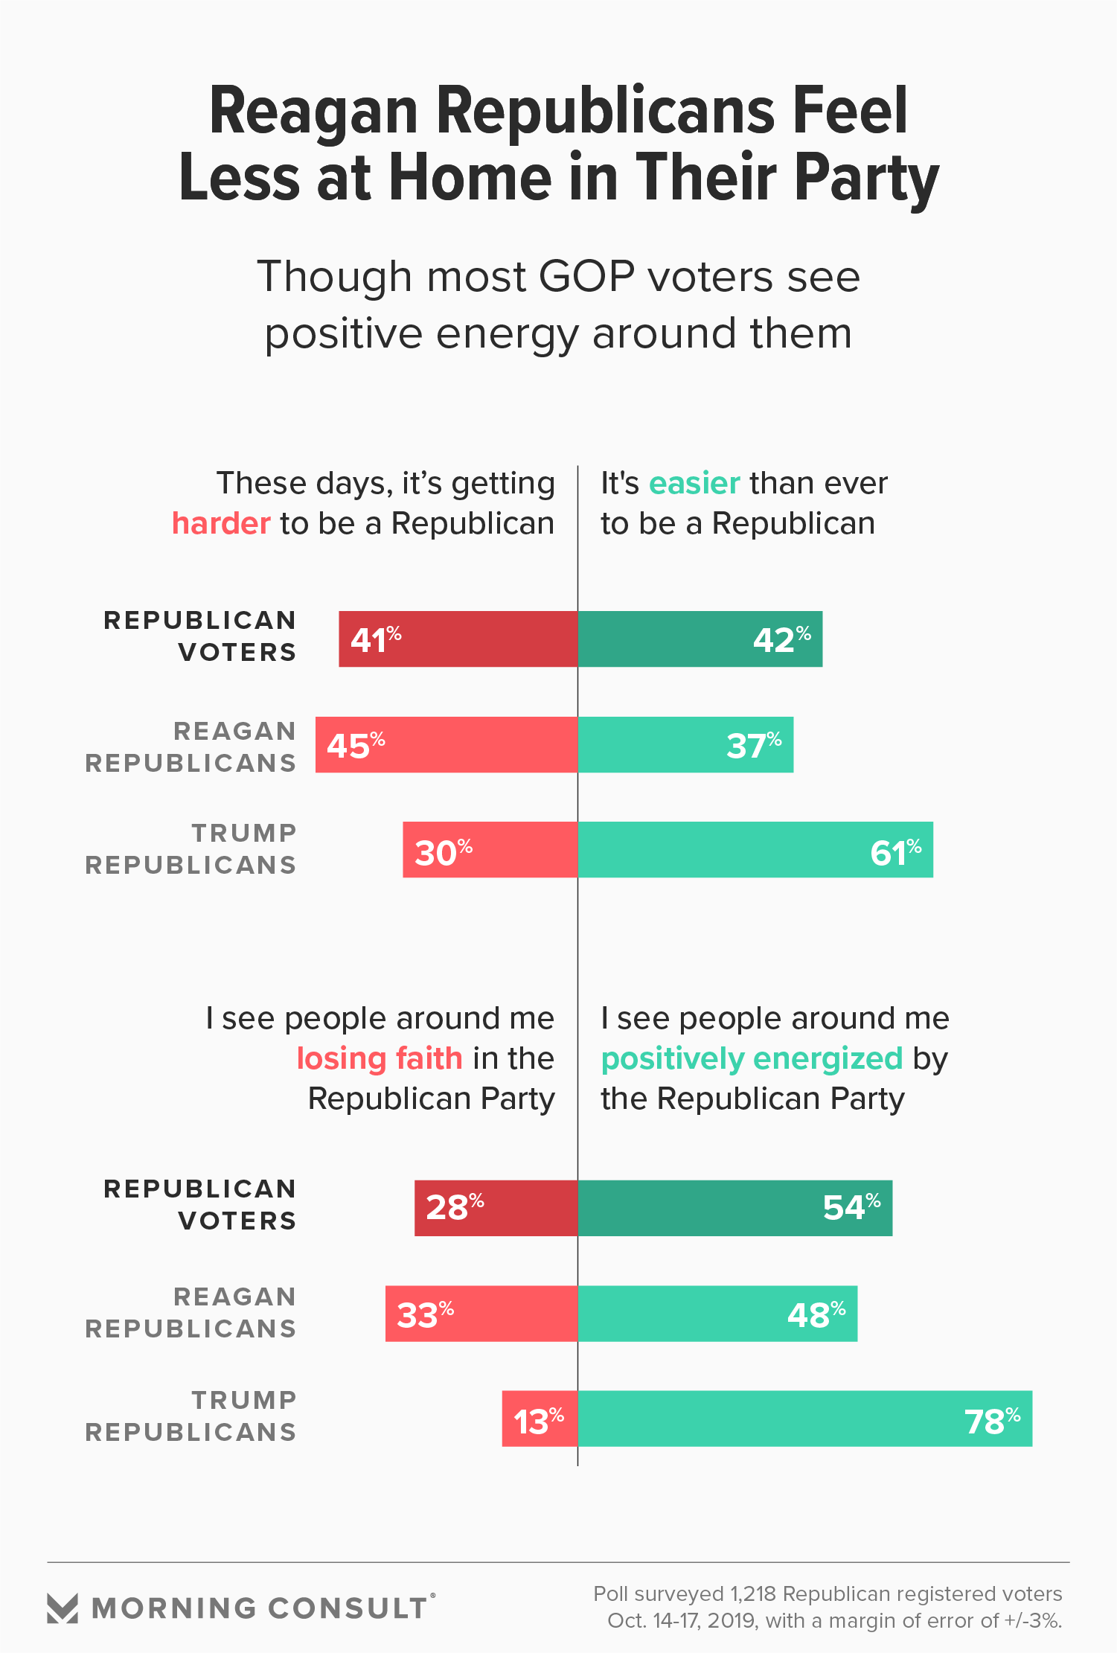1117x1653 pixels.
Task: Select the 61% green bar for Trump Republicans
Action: click(755, 850)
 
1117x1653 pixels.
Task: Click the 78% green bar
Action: click(804, 1419)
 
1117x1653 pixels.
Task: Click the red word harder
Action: click(221, 523)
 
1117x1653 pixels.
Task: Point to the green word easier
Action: click(694, 484)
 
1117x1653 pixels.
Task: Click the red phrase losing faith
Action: click(380, 1058)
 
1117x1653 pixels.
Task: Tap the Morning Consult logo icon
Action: click(63, 1608)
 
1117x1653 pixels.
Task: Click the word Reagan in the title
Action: click(313, 112)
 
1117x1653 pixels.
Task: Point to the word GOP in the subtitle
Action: click(586, 277)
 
